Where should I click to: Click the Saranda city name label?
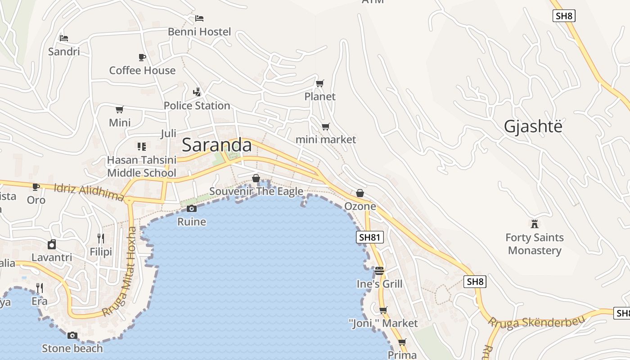coord(216,145)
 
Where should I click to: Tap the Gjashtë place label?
coord(533,127)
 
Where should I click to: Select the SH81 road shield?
coord(370,237)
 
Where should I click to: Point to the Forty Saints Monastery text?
coord(535,244)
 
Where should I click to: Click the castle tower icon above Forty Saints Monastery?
coord(535,224)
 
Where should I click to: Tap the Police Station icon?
coord(197,92)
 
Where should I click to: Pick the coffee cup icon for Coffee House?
coord(142,57)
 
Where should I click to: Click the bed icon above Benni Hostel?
coord(199,18)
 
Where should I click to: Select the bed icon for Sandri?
coord(64,38)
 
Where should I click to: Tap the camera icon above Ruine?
coord(192,208)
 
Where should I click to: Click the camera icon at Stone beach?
coord(72,335)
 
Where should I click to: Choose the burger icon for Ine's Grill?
coord(379,271)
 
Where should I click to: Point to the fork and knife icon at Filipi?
coord(101,238)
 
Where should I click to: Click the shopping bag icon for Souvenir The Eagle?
coord(256,178)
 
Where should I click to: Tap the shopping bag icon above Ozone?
coord(360,193)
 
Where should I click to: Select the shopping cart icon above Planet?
coord(320,83)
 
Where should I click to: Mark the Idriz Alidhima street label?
coord(89,192)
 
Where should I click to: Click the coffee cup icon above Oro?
coord(36,186)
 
